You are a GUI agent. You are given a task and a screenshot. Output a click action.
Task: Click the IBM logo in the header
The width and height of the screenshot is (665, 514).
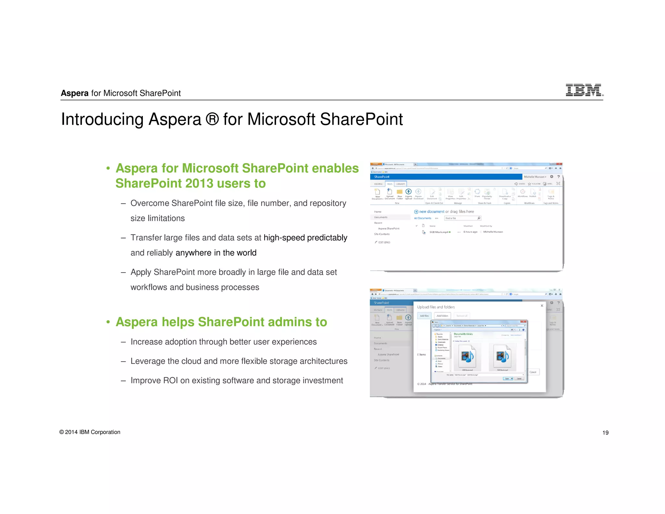click(x=584, y=90)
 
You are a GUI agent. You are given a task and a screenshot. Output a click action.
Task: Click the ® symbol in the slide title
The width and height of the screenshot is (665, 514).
click(x=212, y=119)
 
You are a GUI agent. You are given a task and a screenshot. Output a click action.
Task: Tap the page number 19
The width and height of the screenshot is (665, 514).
click(x=605, y=433)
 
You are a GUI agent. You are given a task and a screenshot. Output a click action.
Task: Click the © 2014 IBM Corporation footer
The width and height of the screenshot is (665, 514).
click(x=90, y=432)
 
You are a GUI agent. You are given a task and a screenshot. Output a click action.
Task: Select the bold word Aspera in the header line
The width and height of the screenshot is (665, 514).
click(x=75, y=93)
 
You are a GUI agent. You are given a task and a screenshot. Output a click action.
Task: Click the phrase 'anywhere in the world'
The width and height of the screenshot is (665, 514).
click(x=216, y=253)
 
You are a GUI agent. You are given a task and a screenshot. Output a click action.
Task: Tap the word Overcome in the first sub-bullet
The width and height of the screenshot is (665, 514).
click(x=150, y=203)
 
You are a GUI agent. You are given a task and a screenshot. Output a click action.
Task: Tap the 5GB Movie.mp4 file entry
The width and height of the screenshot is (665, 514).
click(x=439, y=232)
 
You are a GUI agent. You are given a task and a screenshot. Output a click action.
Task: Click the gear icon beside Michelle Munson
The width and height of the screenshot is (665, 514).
click(x=551, y=177)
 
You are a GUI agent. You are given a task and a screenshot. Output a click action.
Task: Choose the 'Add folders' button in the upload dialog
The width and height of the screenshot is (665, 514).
click(x=442, y=316)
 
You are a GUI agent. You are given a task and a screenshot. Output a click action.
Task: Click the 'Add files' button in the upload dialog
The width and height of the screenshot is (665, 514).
click(x=424, y=316)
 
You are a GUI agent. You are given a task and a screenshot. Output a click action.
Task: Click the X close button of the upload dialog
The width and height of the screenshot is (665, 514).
click(x=542, y=306)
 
